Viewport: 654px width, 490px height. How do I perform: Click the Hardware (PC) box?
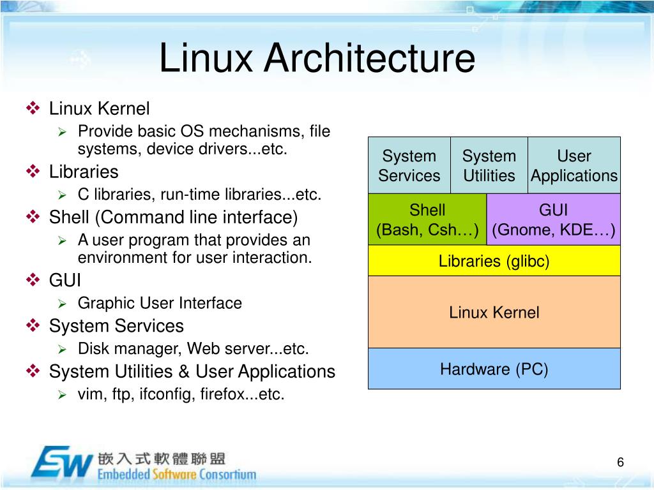(494, 369)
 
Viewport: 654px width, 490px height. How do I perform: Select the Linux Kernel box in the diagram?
(494, 312)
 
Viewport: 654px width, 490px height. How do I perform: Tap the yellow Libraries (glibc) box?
(494, 261)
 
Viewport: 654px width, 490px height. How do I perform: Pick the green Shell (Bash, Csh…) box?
(427, 220)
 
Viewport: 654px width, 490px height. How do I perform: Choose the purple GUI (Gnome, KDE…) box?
(554, 220)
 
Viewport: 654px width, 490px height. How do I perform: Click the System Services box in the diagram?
(409, 165)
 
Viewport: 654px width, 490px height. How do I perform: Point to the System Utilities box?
(489, 165)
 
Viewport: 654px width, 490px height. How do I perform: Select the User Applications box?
(574, 165)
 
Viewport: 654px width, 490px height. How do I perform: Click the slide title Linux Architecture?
(317, 58)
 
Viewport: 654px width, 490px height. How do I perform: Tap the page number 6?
(620, 463)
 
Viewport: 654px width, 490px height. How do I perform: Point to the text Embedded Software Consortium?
(177, 474)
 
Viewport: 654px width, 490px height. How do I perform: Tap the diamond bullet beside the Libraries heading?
(33, 172)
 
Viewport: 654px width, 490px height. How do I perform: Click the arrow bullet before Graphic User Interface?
(62, 304)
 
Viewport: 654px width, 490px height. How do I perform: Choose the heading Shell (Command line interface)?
(174, 218)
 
